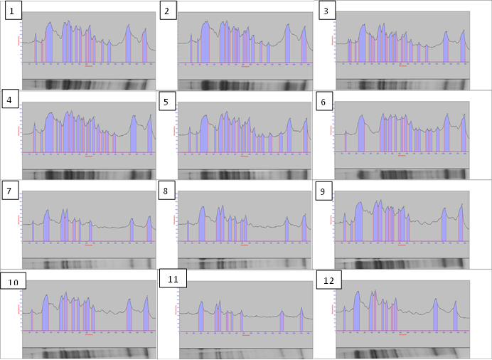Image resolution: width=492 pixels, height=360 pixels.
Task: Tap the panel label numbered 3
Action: (x=326, y=11)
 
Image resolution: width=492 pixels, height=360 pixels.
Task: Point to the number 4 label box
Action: (x=10, y=100)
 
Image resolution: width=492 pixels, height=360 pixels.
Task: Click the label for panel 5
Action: (x=165, y=101)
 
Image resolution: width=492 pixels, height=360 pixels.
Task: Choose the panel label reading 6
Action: (x=323, y=102)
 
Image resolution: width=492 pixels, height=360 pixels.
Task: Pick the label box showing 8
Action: (x=166, y=191)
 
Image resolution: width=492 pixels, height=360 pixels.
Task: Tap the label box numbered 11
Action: (x=173, y=279)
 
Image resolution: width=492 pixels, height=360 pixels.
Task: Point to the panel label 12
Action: (x=328, y=280)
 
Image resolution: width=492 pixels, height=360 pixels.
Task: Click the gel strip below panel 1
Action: (x=89, y=85)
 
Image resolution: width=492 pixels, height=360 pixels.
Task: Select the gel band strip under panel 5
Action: (x=245, y=174)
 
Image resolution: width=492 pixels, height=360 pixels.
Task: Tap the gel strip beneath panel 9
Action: (x=402, y=264)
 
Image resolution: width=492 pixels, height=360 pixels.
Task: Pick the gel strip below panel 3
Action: (x=402, y=85)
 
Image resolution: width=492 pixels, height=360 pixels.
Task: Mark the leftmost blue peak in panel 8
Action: (x=188, y=233)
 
